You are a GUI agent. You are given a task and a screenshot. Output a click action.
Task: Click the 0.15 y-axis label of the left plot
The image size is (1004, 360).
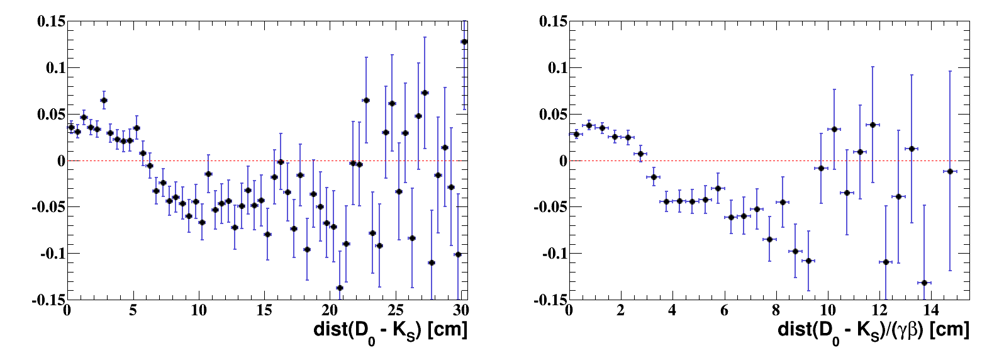[x=51, y=21]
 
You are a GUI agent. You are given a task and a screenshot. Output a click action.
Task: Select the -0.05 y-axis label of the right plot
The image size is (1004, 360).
[x=550, y=207]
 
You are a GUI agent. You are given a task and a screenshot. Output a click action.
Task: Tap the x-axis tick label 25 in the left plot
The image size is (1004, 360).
[x=395, y=310]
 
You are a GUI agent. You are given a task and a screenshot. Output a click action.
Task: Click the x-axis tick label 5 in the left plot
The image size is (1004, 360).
[x=133, y=310]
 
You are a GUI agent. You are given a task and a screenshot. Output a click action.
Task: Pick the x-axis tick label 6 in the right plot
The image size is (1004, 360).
[x=724, y=310]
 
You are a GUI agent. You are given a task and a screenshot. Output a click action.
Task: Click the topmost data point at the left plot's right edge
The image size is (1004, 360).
[x=464, y=42]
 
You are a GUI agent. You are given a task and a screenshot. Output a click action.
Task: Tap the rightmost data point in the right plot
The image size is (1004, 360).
[x=950, y=171]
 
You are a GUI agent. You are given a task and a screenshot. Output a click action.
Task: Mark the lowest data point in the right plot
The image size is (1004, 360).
[x=924, y=283]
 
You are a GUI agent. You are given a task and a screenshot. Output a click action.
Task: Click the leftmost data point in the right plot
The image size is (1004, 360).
[x=576, y=134]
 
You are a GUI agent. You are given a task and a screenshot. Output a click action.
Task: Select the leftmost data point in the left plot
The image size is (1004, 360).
[x=71, y=127]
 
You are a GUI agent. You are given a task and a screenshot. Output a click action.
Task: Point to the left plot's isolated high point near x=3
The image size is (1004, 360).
[x=104, y=100]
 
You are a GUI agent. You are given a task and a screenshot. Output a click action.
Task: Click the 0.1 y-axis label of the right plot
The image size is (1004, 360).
[x=554, y=68]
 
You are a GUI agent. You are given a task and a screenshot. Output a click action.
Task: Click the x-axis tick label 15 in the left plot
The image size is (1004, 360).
[x=264, y=310]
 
